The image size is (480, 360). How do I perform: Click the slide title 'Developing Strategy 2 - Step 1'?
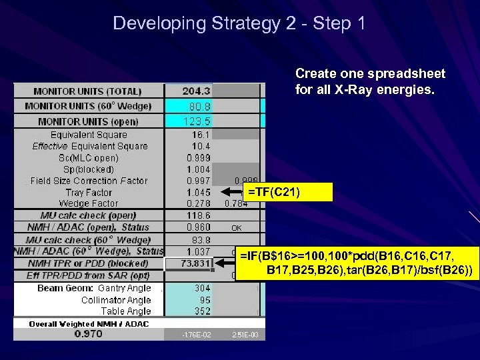[x=239, y=23]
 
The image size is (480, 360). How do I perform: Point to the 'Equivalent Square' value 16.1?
[x=199, y=135]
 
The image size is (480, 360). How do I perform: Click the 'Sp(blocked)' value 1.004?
[x=199, y=169]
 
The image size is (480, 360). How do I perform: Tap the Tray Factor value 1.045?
[x=199, y=193]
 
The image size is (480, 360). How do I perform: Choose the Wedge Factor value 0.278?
[x=199, y=203]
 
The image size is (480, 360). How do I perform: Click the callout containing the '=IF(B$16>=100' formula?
[x=357, y=263]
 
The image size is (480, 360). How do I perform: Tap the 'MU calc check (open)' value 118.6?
[x=199, y=216]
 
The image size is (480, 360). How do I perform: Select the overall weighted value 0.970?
[x=88, y=334]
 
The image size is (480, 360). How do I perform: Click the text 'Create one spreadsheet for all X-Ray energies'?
[x=370, y=81]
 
